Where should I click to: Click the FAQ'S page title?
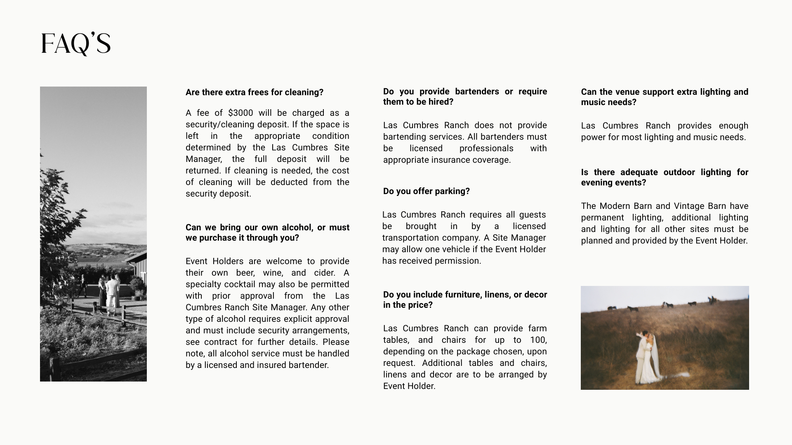(76, 44)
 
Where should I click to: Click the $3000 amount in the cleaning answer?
(240, 113)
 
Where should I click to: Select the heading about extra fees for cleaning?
(254, 92)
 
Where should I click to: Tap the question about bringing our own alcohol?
(267, 232)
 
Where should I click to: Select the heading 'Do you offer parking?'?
(426, 191)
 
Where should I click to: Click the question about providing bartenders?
(465, 96)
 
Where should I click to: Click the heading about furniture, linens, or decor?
(465, 300)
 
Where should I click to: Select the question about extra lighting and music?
(664, 97)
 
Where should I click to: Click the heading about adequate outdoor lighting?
(664, 177)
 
